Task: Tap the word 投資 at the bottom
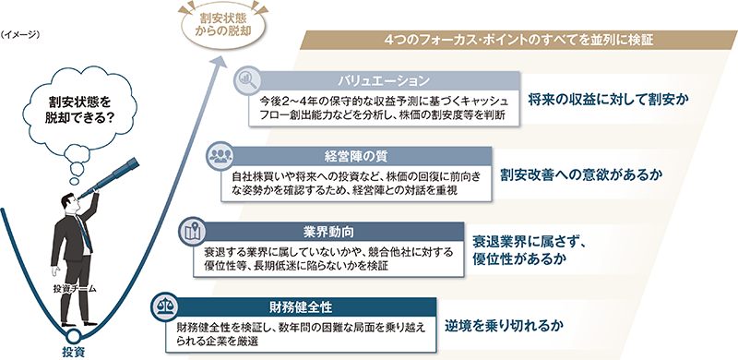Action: coord(73,351)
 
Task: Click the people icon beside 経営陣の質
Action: coord(220,155)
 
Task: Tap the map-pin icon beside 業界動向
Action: coord(192,229)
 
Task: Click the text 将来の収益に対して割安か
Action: coord(609,97)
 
